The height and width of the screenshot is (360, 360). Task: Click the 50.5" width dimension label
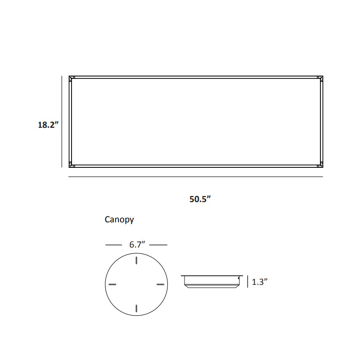(200, 199)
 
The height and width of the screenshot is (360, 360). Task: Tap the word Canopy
(119, 220)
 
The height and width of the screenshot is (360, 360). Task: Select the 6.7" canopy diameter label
(136, 245)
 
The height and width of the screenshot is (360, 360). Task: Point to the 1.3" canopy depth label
(260, 282)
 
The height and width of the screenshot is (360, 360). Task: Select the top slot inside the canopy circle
(136, 262)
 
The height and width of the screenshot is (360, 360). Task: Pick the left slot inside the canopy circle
(112, 284)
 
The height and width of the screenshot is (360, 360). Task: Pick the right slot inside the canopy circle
(160, 284)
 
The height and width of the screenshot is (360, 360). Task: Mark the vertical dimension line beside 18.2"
(62, 121)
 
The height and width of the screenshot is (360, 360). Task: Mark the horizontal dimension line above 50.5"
(195, 177)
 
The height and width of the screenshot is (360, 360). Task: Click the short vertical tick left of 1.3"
(247, 282)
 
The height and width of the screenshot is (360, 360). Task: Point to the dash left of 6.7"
(114, 245)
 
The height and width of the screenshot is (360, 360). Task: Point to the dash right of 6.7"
(158, 245)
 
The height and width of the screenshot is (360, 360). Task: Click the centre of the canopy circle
(136, 284)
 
